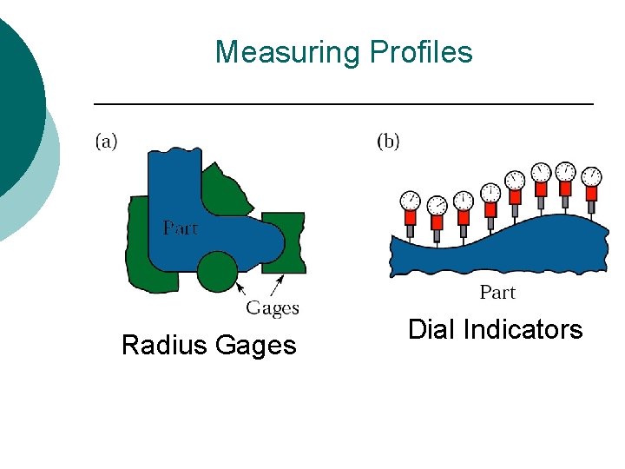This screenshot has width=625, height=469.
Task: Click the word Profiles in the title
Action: (421, 52)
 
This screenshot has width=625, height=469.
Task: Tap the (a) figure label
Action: (107, 141)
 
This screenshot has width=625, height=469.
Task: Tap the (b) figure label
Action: (388, 141)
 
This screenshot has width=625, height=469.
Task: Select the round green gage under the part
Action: (217, 272)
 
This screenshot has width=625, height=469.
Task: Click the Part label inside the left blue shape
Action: (181, 228)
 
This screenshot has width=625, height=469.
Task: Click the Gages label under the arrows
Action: (273, 308)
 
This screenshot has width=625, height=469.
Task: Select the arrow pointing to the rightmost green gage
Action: (277, 286)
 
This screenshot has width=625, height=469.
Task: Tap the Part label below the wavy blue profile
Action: (498, 293)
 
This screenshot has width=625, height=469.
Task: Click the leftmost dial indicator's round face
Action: (410, 201)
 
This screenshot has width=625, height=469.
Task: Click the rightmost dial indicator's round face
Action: (592, 175)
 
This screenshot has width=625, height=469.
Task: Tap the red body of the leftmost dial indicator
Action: (410, 218)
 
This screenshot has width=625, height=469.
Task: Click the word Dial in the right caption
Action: (431, 330)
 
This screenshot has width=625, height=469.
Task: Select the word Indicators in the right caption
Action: (523, 330)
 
